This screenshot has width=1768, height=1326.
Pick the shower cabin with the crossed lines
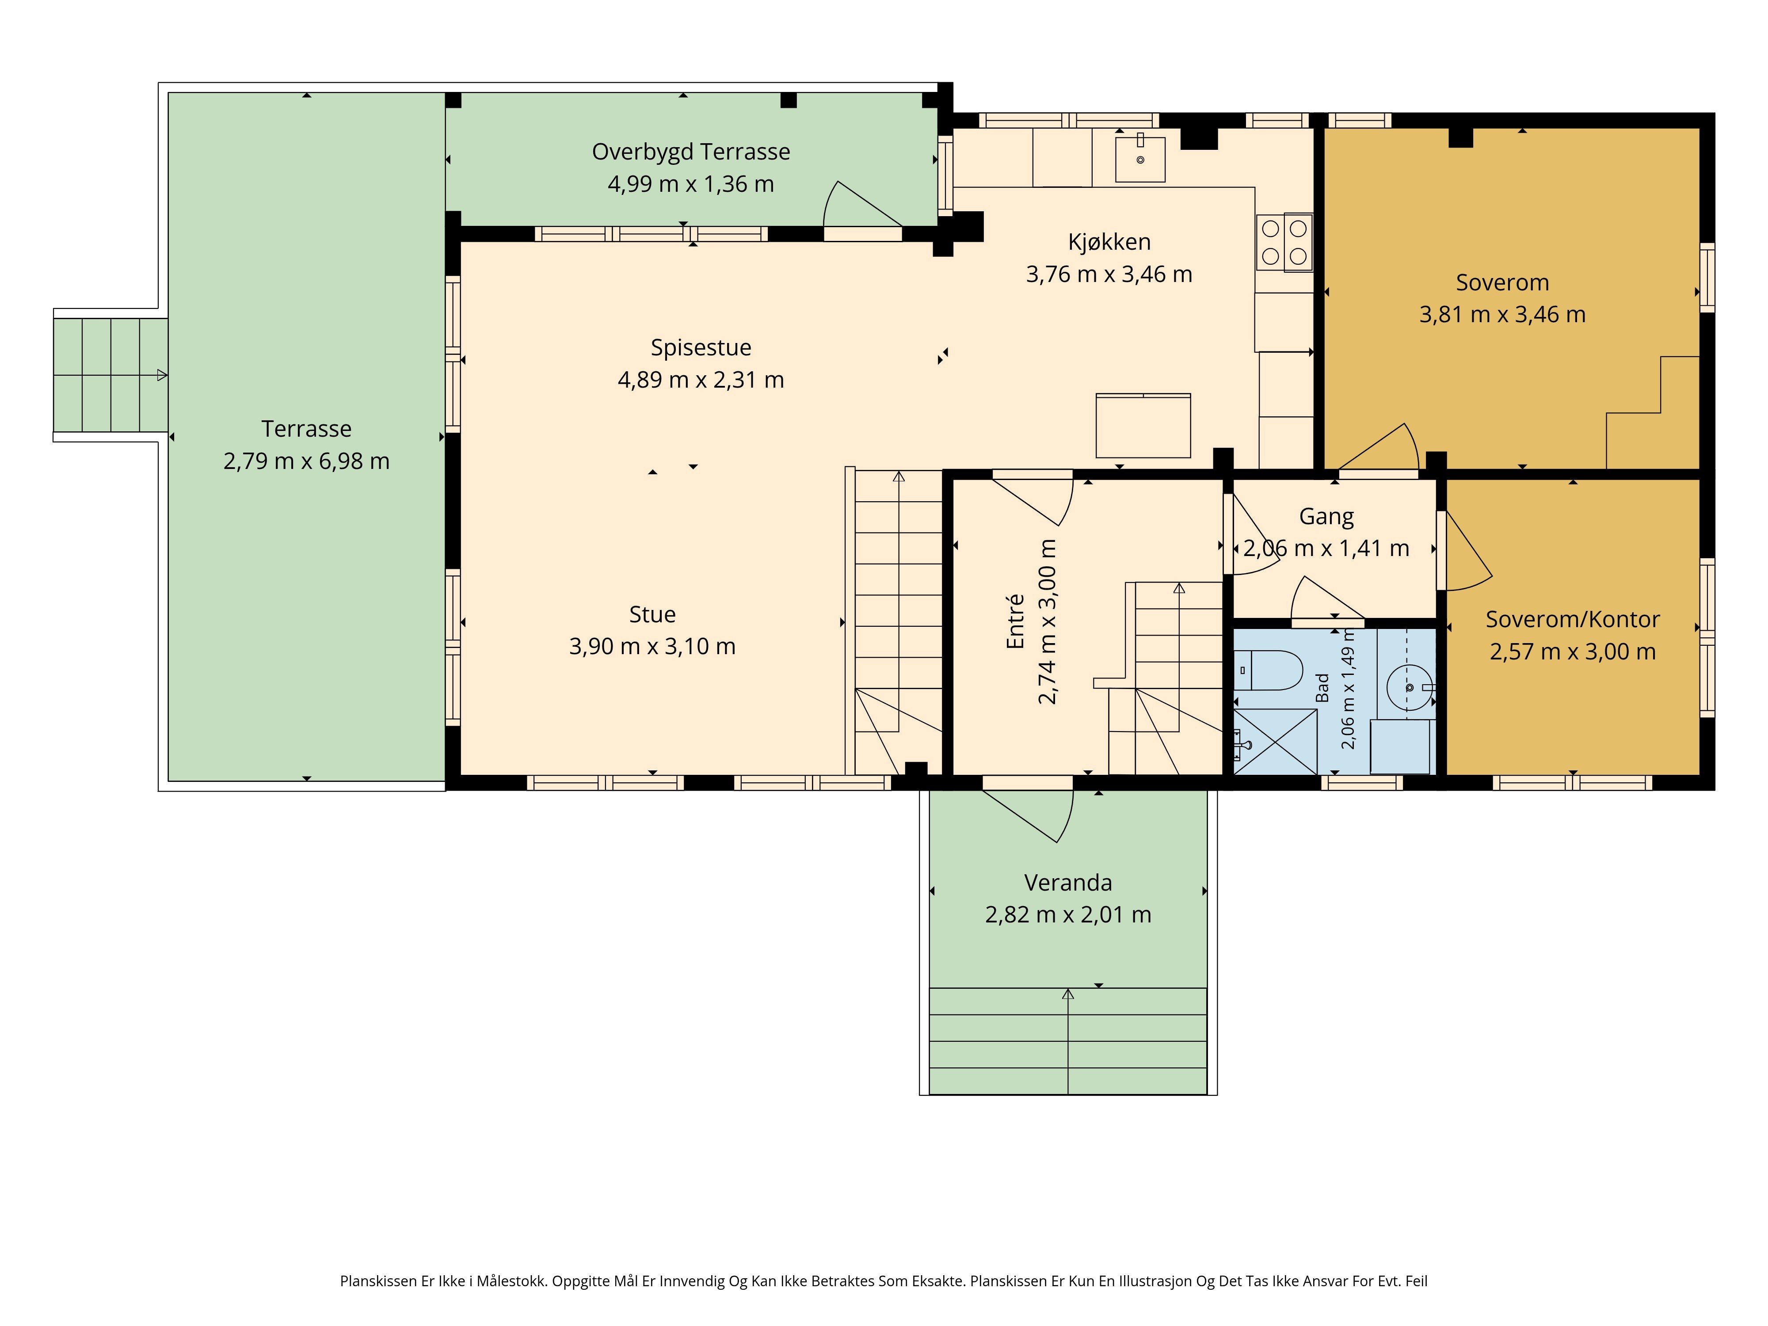1276,742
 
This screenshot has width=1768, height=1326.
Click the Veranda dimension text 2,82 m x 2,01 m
1068,914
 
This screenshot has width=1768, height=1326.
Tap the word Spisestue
701,348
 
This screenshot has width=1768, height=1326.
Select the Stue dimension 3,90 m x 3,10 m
652,646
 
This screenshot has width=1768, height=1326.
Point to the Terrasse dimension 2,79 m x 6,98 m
306,461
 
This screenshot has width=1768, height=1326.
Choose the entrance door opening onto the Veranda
1027,815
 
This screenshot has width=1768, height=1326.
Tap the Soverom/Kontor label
1572,619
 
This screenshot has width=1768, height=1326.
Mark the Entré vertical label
1015,621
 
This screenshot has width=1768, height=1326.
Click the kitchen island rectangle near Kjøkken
1143,425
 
